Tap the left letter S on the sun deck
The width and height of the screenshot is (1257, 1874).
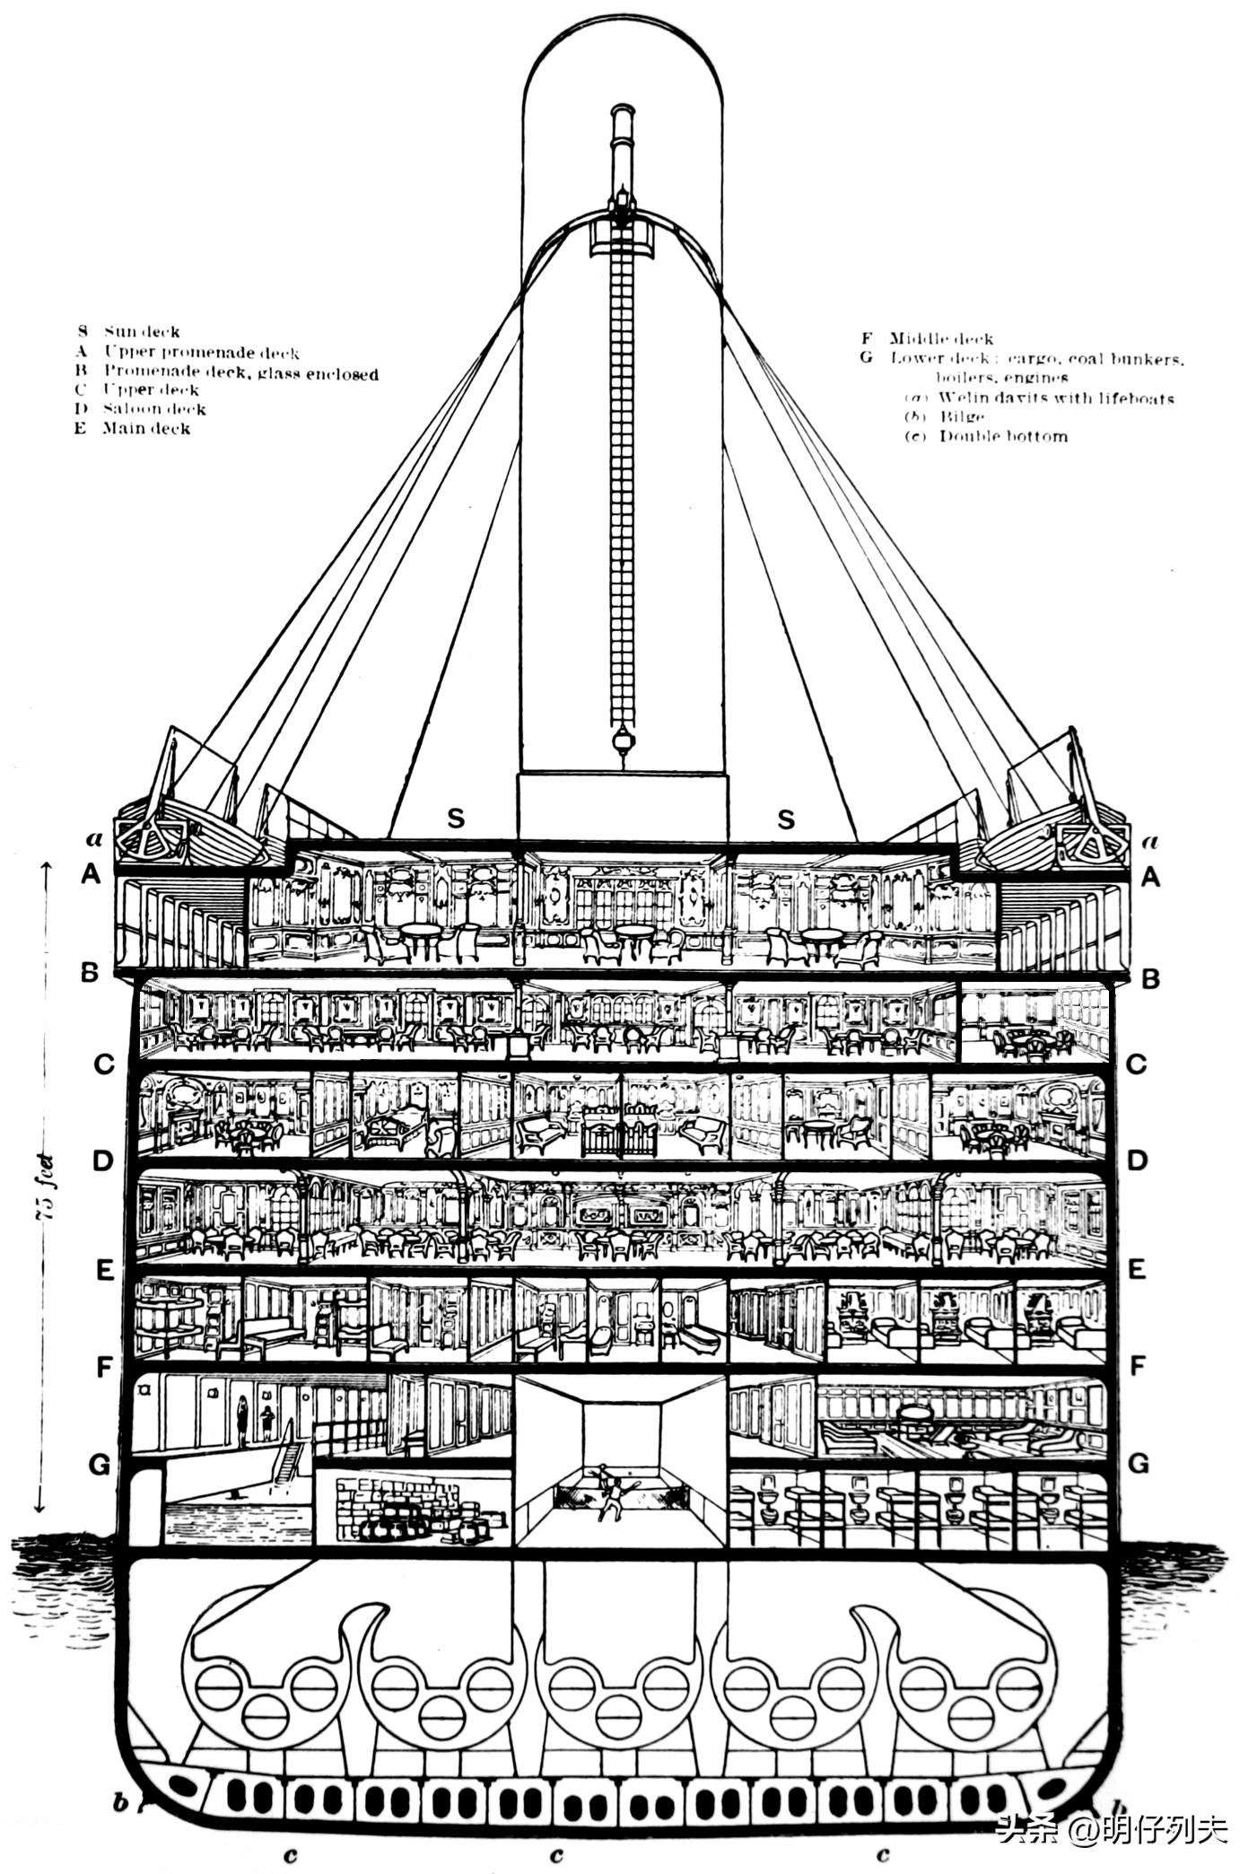click(x=456, y=819)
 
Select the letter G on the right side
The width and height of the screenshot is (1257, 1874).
click(x=1138, y=1464)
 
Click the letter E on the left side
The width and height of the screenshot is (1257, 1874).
click(x=105, y=1271)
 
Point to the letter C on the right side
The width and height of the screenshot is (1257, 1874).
click(x=1136, y=1064)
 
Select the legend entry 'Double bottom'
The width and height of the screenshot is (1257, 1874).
click(x=1002, y=437)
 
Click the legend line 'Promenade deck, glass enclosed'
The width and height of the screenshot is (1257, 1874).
click(x=240, y=372)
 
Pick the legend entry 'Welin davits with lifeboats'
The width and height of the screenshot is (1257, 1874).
click(x=1055, y=398)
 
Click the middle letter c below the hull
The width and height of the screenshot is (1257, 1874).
click(x=557, y=1850)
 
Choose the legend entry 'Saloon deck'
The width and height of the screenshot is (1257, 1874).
click(x=154, y=409)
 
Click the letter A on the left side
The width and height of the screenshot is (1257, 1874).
click(x=91, y=874)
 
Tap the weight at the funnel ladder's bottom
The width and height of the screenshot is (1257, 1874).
click(x=618, y=740)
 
